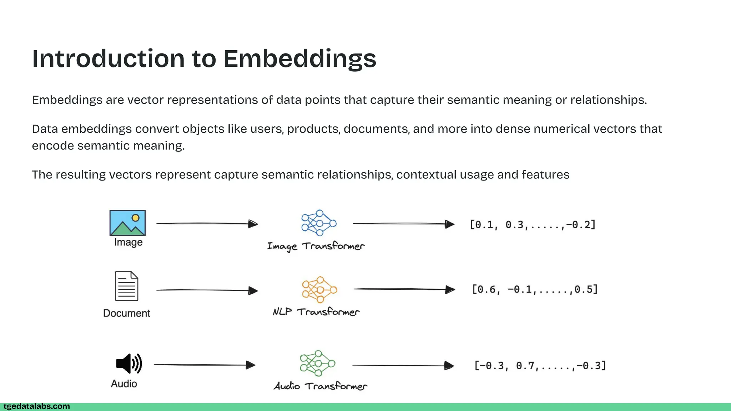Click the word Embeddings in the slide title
click(299, 59)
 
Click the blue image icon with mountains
click(127, 223)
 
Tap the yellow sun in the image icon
click(136, 218)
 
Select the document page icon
click(126, 286)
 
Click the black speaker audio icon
click(129, 364)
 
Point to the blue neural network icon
click(319, 223)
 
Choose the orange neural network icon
click(319, 289)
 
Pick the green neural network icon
click(317, 363)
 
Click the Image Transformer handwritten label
click(316, 246)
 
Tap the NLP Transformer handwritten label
click(316, 312)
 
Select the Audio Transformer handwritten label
click(320, 386)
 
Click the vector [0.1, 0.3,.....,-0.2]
click(533, 225)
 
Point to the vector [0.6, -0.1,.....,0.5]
click(535, 289)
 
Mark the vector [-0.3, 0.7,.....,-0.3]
click(540, 366)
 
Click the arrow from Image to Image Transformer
click(207, 224)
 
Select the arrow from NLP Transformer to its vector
click(404, 289)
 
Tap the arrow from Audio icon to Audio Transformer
click(205, 365)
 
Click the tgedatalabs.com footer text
click(37, 406)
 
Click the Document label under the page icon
click(127, 313)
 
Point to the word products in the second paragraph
click(312, 129)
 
